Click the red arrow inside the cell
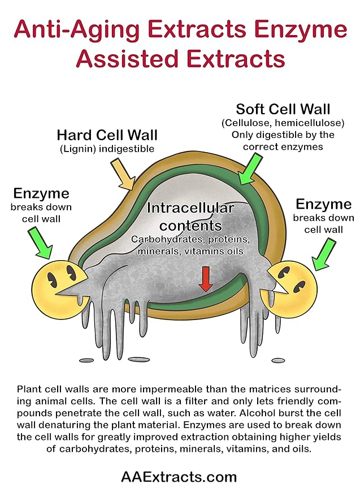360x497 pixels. pyautogui.click(x=206, y=279)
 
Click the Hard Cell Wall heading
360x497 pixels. pyautogui.click(x=107, y=135)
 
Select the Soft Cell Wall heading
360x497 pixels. pyautogui.click(x=283, y=109)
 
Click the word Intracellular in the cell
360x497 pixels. pyautogui.click(x=190, y=208)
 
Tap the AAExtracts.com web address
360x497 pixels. pyautogui.click(x=179, y=477)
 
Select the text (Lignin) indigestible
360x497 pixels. pyautogui.click(x=107, y=149)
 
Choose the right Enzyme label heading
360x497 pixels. pyautogui.click(x=323, y=204)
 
